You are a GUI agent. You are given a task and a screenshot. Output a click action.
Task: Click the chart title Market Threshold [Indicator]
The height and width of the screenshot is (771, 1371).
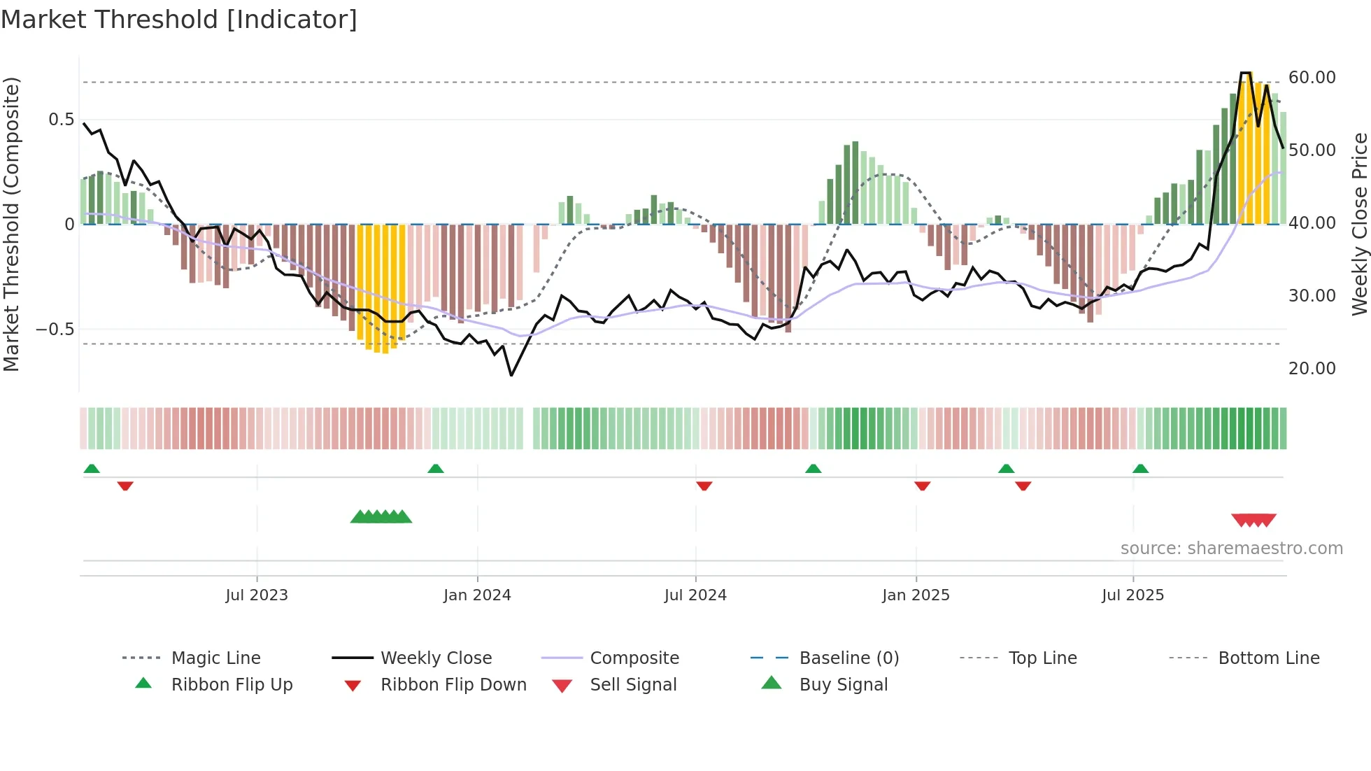click(179, 20)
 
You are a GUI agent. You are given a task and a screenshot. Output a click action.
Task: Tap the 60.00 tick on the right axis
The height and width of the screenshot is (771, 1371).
click(1312, 78)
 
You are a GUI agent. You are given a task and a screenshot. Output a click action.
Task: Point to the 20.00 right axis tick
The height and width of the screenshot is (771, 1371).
click(1312, 369)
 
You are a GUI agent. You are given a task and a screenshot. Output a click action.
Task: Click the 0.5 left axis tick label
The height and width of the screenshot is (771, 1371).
click(62, 120)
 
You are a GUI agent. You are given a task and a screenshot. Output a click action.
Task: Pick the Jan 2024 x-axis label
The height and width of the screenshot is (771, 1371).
click(477, 595)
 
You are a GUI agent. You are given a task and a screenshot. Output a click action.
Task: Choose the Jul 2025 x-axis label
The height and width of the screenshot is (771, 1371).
click(1132, 595)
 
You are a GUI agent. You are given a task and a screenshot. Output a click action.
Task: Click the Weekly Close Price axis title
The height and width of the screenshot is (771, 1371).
click(1359, 224)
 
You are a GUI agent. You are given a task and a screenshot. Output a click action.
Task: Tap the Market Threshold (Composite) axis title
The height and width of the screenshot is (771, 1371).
click(12, 224)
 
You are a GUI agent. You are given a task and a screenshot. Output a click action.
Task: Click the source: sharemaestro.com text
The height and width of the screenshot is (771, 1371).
click(1231, 549)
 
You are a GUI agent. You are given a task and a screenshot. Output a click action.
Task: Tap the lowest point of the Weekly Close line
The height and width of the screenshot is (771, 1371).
click(511, 376)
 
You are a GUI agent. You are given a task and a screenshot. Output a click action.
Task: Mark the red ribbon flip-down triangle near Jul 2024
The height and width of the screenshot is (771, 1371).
click(704, 486)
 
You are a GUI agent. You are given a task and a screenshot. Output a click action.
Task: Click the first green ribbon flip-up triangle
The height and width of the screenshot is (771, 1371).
click(92, 469)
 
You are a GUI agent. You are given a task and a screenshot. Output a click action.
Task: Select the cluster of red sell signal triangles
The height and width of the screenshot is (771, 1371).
click(1253, 520)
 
